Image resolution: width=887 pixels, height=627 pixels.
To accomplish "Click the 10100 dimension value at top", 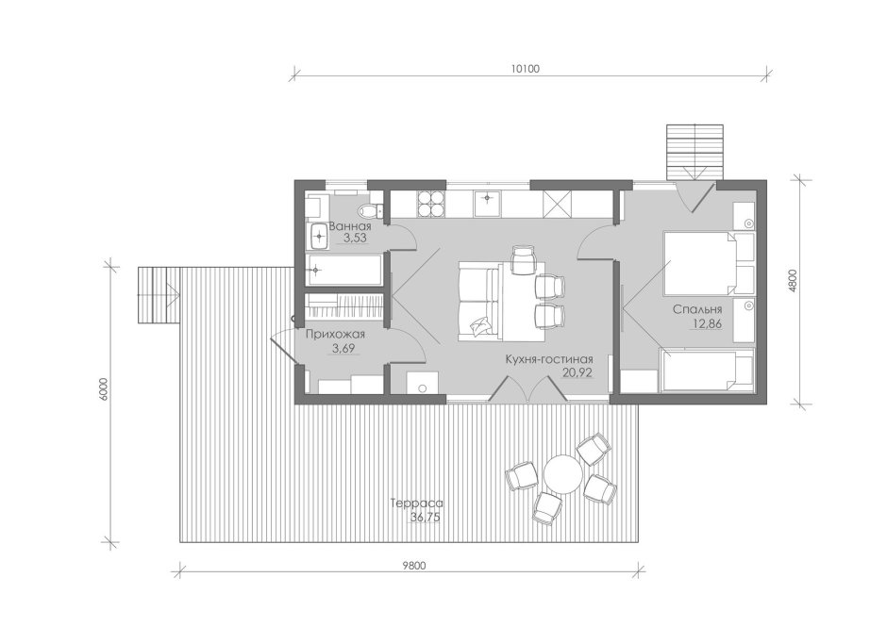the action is tap(526, 69).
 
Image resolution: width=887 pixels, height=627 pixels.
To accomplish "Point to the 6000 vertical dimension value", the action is tap(103, 390).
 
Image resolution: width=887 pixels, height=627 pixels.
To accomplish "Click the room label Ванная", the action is tap(350, 226).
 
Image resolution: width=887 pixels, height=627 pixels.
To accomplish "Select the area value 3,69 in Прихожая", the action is tap(343, 348).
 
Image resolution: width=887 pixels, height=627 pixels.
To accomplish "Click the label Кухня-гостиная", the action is tap(549, 359).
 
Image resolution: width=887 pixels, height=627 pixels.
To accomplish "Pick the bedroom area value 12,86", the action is tap(706, 324).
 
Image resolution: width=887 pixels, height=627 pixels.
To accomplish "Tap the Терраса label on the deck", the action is tap(417, 503).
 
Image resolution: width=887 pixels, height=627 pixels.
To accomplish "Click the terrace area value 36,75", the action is tap(425, 517).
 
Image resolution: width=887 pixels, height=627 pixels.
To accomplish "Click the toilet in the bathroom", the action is tap(370, 210).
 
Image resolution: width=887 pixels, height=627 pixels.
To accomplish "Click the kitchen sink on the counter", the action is tap(487, 204).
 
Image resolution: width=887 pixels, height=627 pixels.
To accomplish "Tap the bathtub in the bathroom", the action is tap(343, 270).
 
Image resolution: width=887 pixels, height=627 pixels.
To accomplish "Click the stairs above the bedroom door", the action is tap(695, 152).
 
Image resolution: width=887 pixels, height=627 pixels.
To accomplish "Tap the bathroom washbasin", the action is tap(319, 235).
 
